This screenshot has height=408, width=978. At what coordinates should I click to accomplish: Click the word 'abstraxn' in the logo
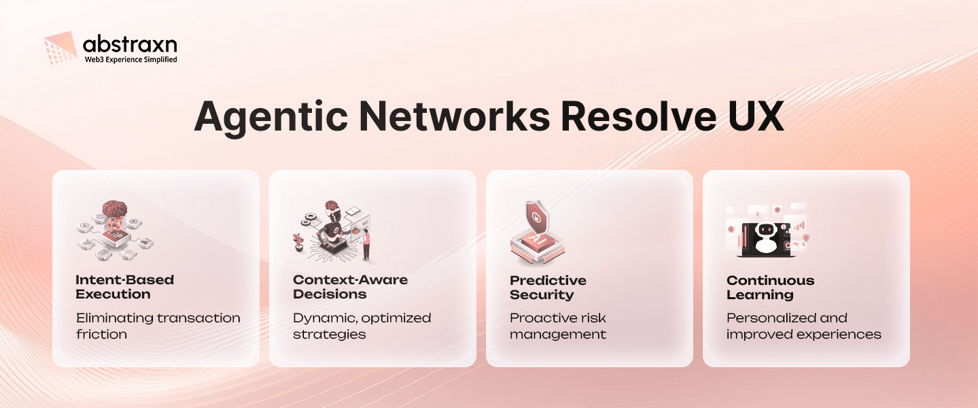pos(130,45)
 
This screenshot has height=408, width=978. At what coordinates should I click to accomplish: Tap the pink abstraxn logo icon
pos(60,50)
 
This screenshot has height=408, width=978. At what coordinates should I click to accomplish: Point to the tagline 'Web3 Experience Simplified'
pos(130,60)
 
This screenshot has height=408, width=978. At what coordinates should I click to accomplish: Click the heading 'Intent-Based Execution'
pos(124,287)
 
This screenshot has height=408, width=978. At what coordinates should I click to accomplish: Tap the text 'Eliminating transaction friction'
pos(158,326)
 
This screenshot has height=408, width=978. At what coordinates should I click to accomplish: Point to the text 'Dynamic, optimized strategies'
pos(362,326)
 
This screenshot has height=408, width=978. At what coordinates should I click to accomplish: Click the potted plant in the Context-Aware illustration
pos(298,241)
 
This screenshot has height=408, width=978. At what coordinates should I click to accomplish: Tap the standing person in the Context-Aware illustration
pos(366,245)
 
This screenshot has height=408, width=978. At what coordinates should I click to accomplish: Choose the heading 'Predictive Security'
pos(548,287)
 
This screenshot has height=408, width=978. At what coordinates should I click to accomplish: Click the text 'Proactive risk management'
pos(557,326)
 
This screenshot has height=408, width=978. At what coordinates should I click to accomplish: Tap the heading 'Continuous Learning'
pos(770,287)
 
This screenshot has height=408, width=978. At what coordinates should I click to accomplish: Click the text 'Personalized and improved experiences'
pos(803,326)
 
